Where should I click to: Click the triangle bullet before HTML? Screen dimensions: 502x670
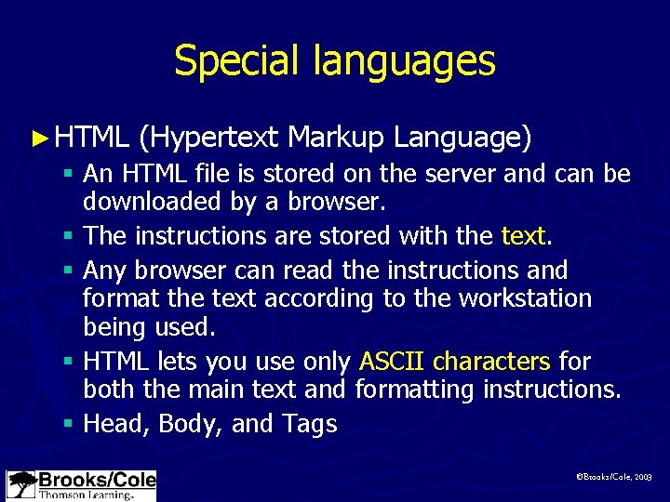tap(38, 139)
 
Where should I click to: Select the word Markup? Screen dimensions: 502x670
tap(336, 138)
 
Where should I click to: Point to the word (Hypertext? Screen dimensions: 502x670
tap(208, 139)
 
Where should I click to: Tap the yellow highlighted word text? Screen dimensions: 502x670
tap(522, 235)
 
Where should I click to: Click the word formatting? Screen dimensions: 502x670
tap(415, 390)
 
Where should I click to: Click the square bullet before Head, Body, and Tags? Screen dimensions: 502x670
tap(70, 424)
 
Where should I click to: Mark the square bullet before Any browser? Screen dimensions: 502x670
tap(70, 271)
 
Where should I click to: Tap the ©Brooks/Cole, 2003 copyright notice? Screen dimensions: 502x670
tap(614, 476)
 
